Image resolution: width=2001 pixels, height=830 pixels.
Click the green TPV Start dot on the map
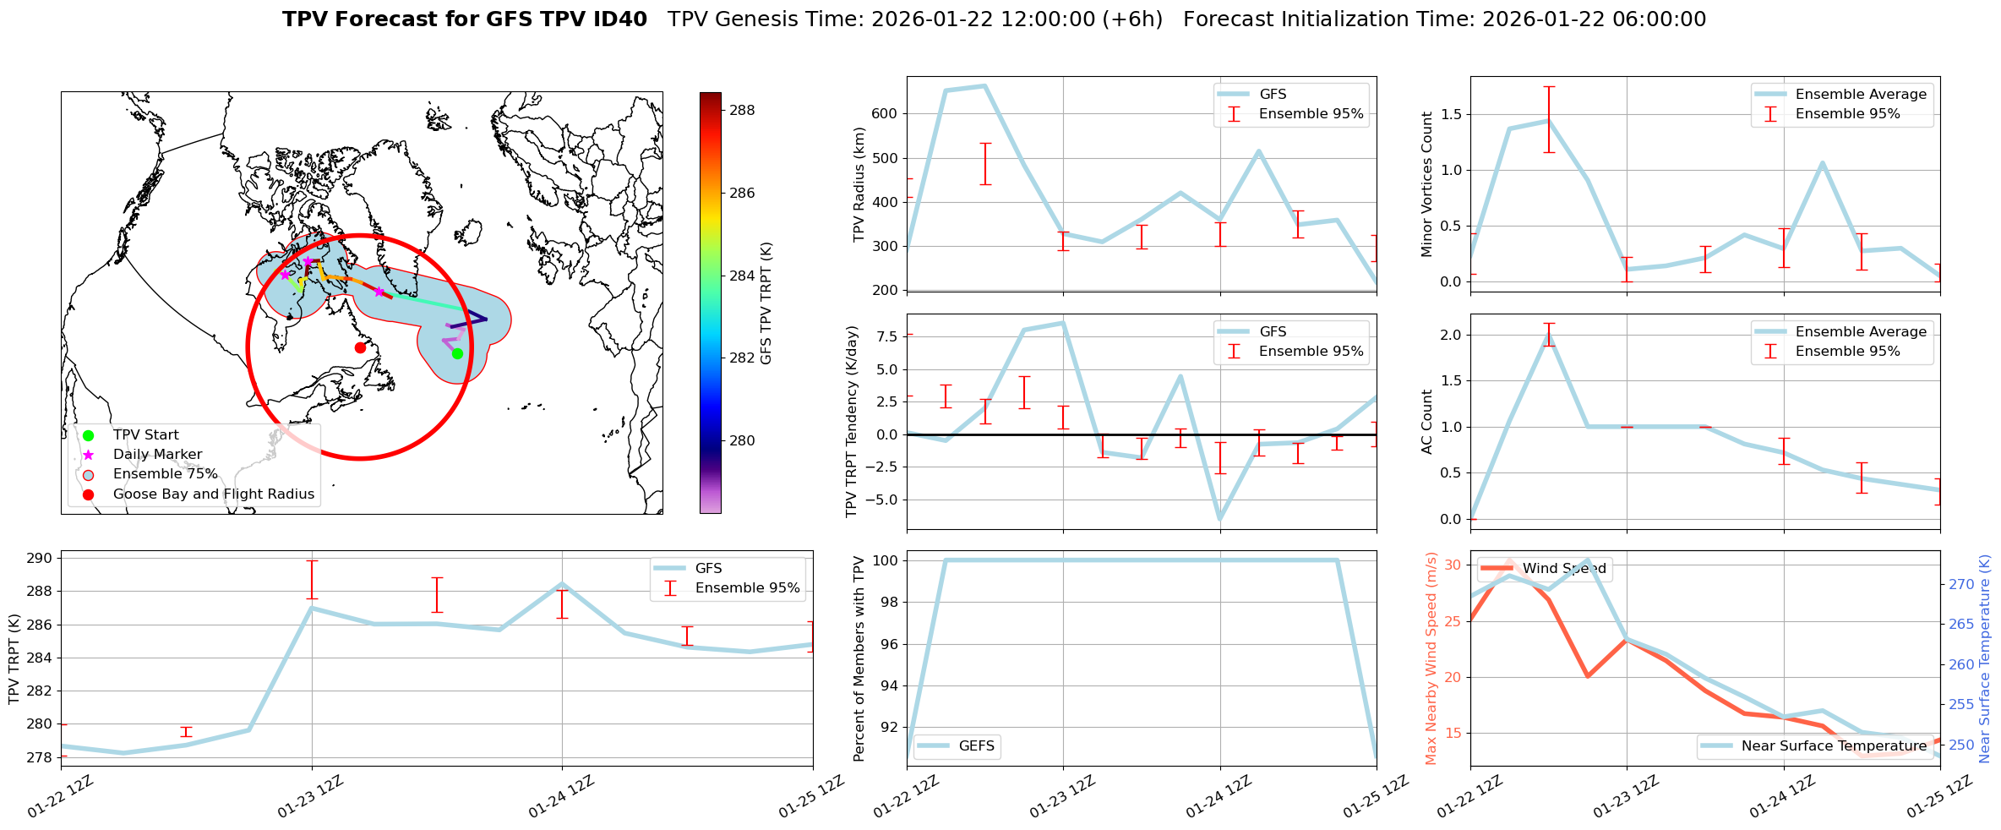coord(457,353)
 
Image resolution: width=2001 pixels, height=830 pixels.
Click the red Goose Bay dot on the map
coord(360,347)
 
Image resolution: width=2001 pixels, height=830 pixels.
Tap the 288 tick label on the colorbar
coord(741,110)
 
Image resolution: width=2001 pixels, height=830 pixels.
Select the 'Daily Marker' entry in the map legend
coord(157,455)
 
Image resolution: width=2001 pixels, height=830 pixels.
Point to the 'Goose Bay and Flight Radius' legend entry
coord(213,494)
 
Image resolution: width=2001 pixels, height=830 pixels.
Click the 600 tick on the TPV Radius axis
coord(886,114)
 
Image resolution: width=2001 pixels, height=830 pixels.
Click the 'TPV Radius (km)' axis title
coord(860,184)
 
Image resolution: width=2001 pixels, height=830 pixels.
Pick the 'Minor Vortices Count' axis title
coord(1426,184)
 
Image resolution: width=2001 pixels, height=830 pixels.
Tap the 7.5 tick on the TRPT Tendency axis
coord(887,337)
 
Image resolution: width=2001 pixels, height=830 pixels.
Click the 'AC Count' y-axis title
coord(1426,422)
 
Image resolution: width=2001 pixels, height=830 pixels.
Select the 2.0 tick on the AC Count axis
coord(1451,336)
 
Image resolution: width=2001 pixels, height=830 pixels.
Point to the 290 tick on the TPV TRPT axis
coord(40,559)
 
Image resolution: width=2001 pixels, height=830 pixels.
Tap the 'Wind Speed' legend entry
coord(1563,569)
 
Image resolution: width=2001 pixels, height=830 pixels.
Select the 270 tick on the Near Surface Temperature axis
coord(1961,584)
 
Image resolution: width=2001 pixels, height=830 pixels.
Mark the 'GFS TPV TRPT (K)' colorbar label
coord(766,303)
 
